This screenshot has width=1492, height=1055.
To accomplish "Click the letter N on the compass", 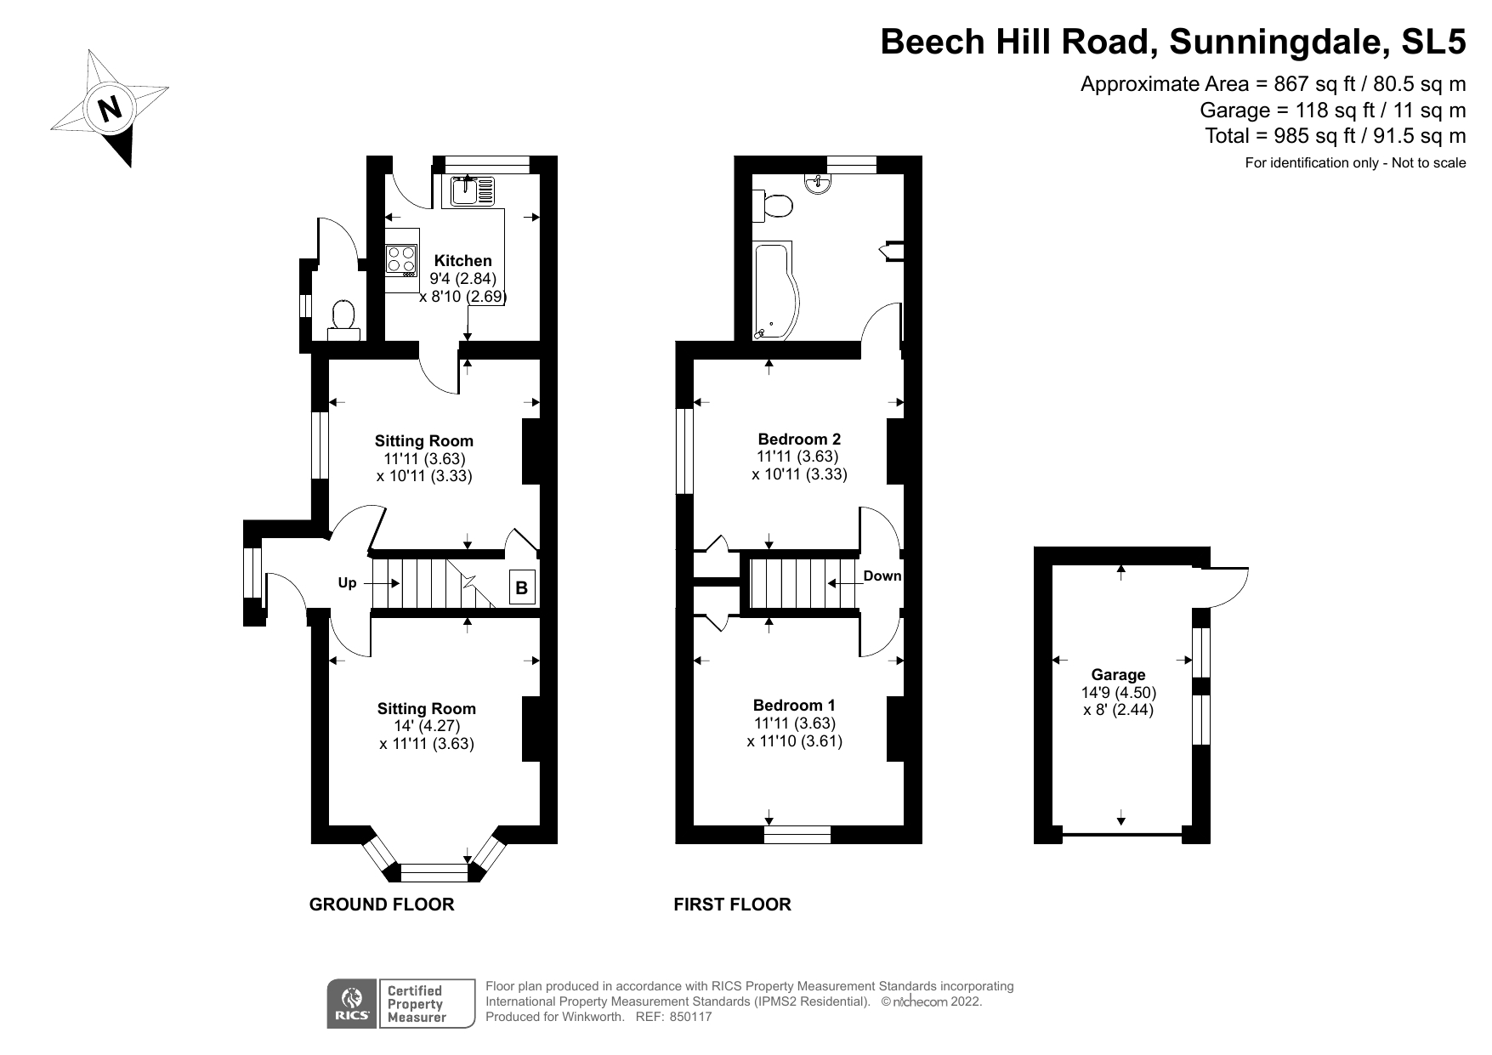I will coord(110,109).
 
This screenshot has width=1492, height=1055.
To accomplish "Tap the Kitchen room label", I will coord(462,261).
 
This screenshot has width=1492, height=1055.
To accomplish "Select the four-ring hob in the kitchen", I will coord(401,259).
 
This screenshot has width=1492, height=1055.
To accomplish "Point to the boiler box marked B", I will coord(522,587).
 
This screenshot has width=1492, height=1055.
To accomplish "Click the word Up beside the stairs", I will coord(347,583).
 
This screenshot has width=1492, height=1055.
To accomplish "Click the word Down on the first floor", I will coord(882,576).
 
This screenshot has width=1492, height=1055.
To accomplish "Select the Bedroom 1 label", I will coord(794,706).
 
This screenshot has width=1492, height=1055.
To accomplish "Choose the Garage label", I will coord(1118,675).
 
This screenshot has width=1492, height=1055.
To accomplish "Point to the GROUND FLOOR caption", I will coord(381,905).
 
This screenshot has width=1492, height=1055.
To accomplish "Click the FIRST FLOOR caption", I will coord(732,905).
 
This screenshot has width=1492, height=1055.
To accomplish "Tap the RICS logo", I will coord(350,1004).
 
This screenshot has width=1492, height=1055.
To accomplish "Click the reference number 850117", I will coord(690,1017).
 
